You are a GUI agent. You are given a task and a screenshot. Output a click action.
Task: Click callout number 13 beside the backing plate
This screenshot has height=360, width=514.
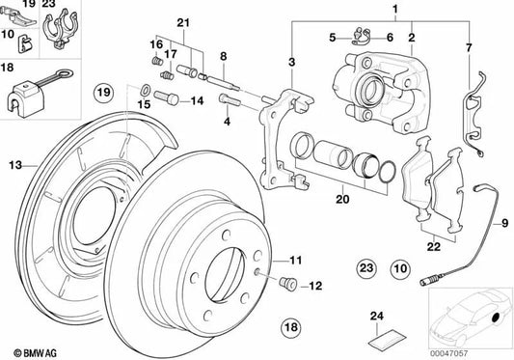14,165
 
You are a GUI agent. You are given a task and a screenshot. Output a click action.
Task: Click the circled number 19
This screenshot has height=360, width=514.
103,93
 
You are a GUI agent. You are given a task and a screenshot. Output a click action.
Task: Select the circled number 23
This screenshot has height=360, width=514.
365,266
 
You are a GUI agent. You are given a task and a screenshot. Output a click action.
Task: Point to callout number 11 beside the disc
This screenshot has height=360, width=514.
296,261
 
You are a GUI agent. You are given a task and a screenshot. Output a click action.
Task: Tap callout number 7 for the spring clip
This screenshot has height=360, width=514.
469,46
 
